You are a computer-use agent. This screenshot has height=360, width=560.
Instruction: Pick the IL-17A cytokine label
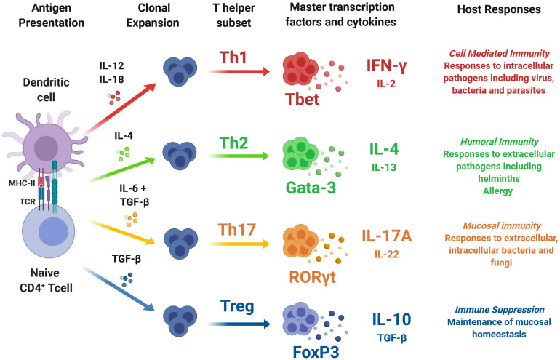[391, 237]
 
